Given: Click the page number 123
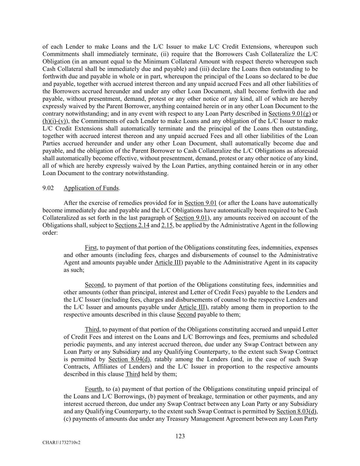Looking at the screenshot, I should click(x=180, y=436).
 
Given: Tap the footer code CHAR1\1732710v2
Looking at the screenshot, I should click(x=61, y=442).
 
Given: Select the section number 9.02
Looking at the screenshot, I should click(x=48, y=188).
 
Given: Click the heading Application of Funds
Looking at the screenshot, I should click(x=91, y=188).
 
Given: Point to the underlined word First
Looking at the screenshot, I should click(x=91, y=248).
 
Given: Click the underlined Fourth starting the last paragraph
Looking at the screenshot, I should click(x=93, y=389).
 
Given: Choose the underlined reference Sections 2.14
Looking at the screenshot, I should click(x=132, y=225).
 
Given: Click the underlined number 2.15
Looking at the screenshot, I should click(x=167, y=225).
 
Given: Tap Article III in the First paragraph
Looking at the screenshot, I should click(x=168, y=263).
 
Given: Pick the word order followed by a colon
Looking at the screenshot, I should click(x=49, y=233).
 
